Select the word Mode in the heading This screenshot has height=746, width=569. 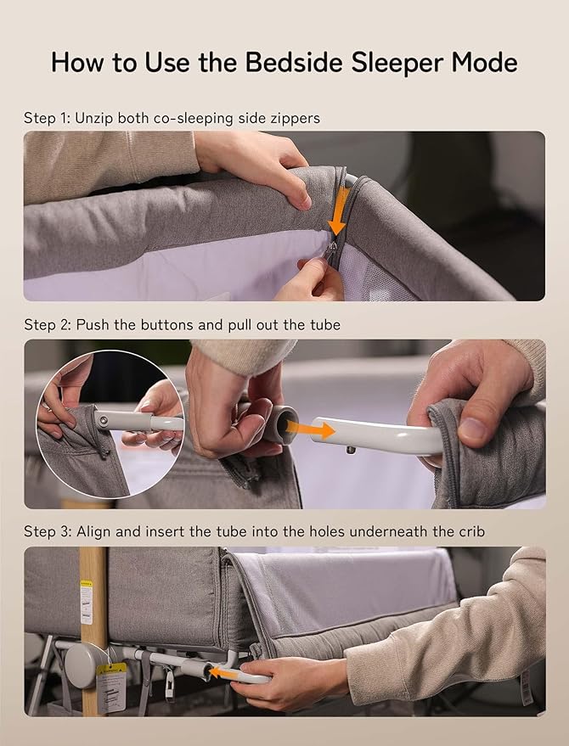(487, 62)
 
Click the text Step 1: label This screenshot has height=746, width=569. (48, 118)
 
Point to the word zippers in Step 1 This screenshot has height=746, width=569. (292, 118)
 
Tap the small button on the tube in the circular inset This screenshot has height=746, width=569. (102, 418)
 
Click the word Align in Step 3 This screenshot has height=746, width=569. (93, 532)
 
